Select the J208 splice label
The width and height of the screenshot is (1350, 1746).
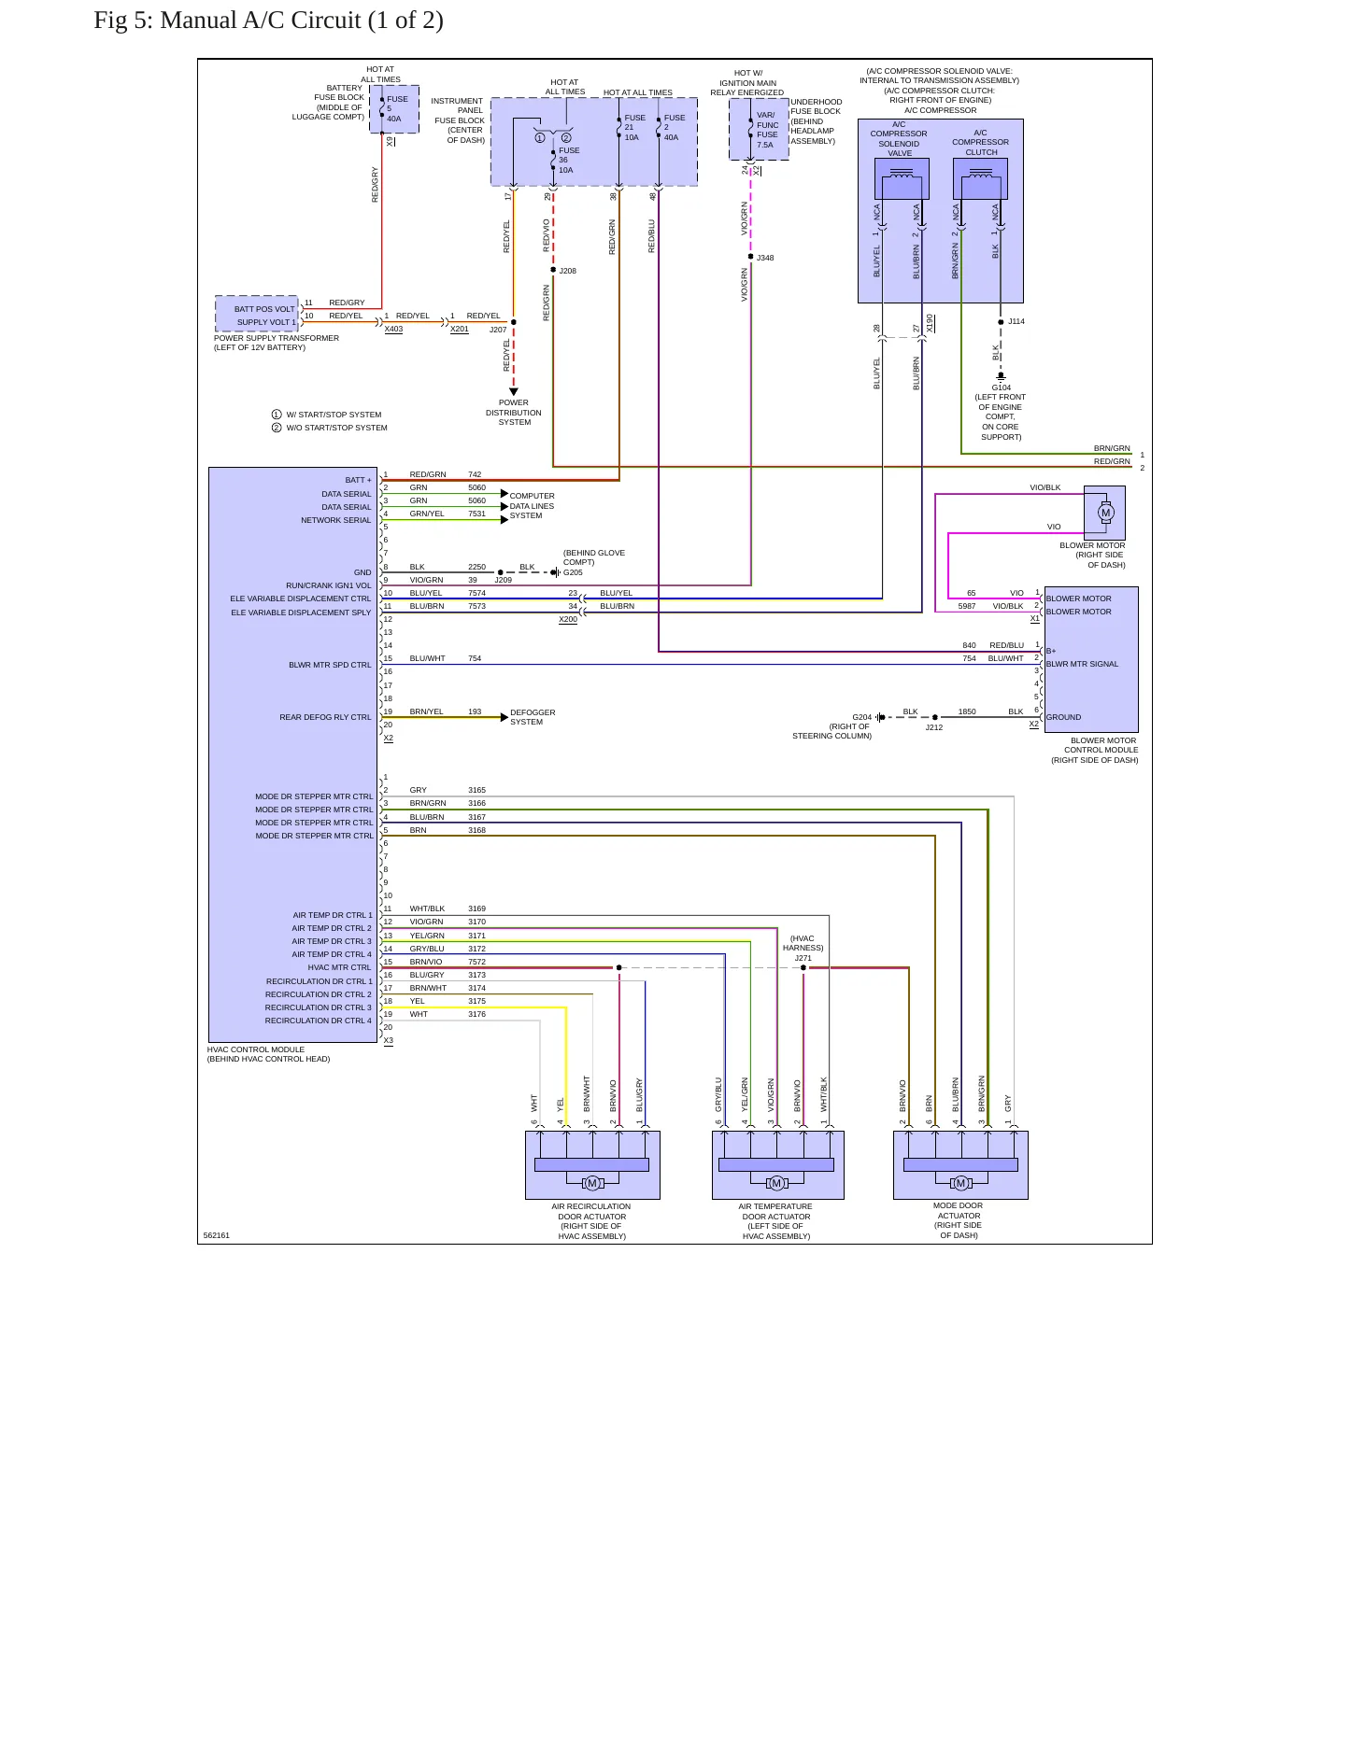(x=568, y=271)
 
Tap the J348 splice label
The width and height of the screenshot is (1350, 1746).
(x=765, y=258)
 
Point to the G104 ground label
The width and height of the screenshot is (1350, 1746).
(x=1002, y=387)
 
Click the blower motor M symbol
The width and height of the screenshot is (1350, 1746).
(x=1106, y=512)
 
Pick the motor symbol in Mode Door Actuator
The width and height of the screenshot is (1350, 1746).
(x=960, y=1183)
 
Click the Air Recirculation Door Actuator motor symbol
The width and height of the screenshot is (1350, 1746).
(x=592, y=1183)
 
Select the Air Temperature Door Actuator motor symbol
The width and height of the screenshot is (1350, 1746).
(x=776, y=1183)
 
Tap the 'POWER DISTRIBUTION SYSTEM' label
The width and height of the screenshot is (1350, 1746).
(x=514, y=413)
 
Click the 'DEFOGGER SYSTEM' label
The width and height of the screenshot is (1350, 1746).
(x=533, y=717)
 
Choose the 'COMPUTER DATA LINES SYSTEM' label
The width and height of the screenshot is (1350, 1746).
(x=532, y=506)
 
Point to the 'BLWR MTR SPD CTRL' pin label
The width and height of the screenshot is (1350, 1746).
(x=330, y=665)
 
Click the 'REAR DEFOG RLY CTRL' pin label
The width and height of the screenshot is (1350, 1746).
(x=325, y=717)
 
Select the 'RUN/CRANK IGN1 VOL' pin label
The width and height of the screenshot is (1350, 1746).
(x=328, y=585)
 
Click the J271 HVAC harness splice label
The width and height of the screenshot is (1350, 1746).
(x=803, y=958)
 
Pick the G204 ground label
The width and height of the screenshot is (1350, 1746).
(x=861, y=717)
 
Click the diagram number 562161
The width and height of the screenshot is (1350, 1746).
(x=216, y=1235)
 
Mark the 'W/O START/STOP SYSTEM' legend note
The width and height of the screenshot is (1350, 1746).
(x=336, y=428)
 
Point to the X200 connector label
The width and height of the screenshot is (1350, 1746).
(x=568, y=619)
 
